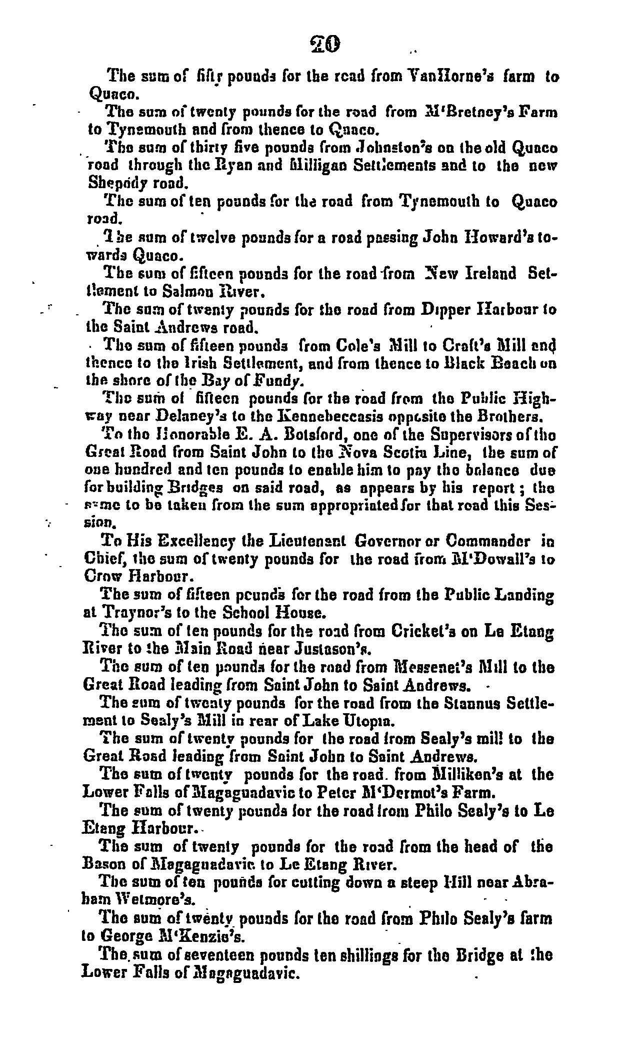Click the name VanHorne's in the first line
coord(464,77)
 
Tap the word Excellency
coord(185,542)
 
